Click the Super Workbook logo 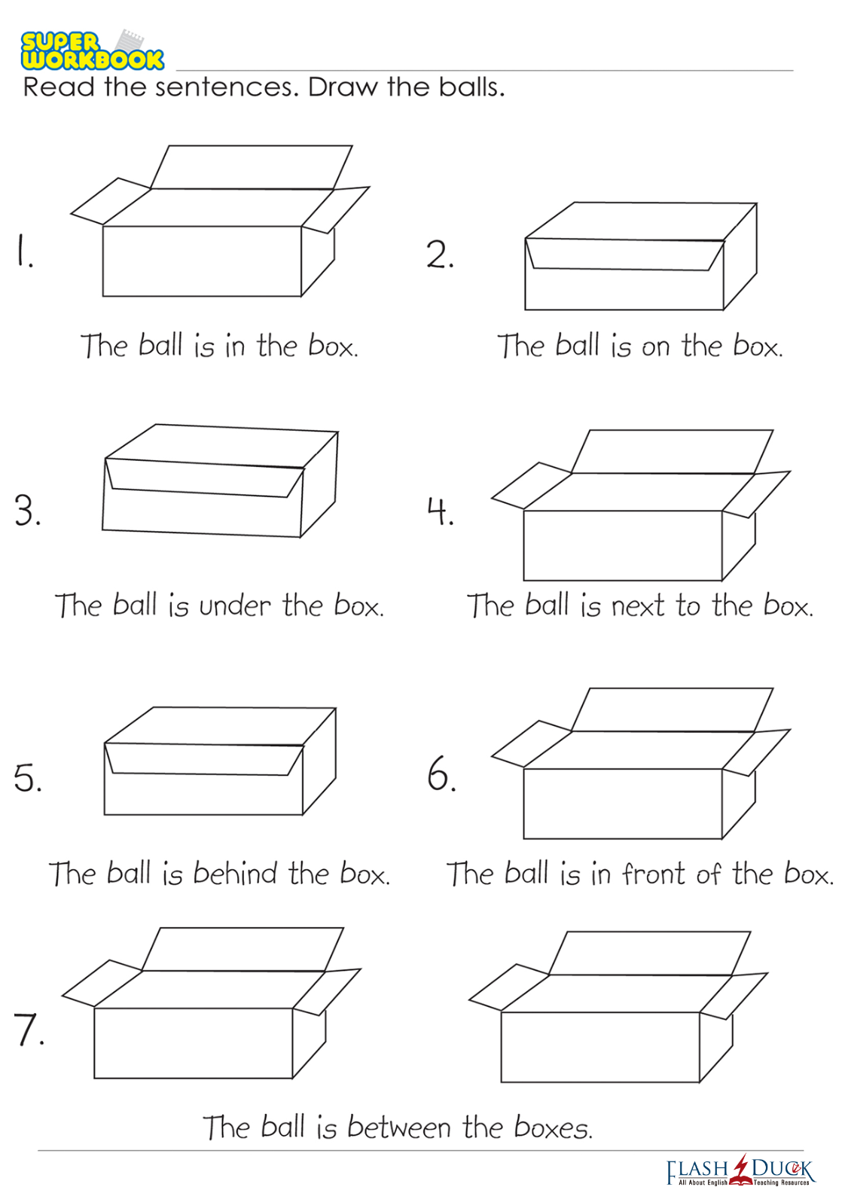pos(93,50)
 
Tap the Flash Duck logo pos(740,1171)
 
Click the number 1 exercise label pos(24,252)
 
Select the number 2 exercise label pos(440,255)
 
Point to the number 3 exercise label pos(28,511)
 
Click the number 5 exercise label pos(28,778)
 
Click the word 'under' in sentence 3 pos(235,606)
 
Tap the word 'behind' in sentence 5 pos(235,874)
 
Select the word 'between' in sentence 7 pos(399,1127)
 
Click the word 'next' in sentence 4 pos(638,606)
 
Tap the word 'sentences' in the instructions pos(224,87)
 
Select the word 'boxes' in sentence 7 pos(554,1127)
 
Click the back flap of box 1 pos(252,167)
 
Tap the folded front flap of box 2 pos(624,255)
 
